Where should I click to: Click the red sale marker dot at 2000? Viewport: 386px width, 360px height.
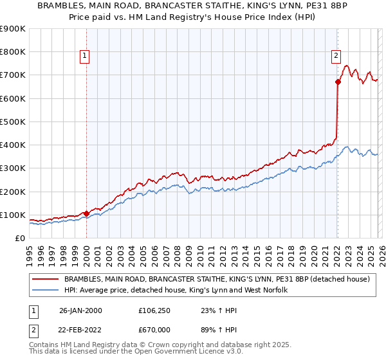point(86,213)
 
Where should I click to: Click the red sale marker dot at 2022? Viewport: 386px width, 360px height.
point(338,82)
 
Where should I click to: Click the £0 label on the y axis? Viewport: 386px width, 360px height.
point(20,238)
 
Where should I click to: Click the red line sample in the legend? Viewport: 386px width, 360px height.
point(46,280)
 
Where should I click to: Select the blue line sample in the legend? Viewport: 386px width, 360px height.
point(46,291)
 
